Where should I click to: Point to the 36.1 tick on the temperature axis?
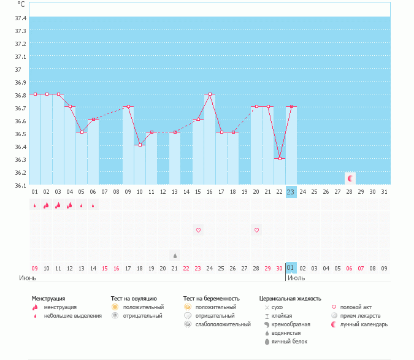pyautogui.click(x=20, y=185)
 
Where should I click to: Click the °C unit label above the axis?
pyautogui.click(x=21, y=4)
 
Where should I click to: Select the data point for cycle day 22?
pyautogui.click(x=280, y=158)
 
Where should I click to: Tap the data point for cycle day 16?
pyautogui.click(x=210, y=94)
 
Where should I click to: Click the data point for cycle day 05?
pyautogui.click(x=82, y=132)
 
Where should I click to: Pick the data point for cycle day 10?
pyautogui.click(x=140, y=145)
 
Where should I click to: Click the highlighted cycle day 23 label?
pyautogui.click(x=291, y=192)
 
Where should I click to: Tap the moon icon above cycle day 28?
pyautogui.click(x=350, y=178)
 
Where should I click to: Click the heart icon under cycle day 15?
pyautogui.click(x=198, y=230)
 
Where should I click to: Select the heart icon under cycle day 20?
pyautogui.click(x=256, y=230)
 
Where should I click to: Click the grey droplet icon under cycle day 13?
pyautogui.click(x=175, y=255)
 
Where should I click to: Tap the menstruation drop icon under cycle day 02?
pyautogui.click(x=47, y=205)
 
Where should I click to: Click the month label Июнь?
pyautogui.click(x=29, y=278)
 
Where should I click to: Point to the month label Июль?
pyautogui.click(x=297, y=278)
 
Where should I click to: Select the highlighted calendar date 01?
pyautogui.click(x=291, y=268)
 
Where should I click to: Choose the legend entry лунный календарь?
pyautogui.click(x=363, y=324)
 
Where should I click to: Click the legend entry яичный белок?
pyautogui.click(x=291, y=341)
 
